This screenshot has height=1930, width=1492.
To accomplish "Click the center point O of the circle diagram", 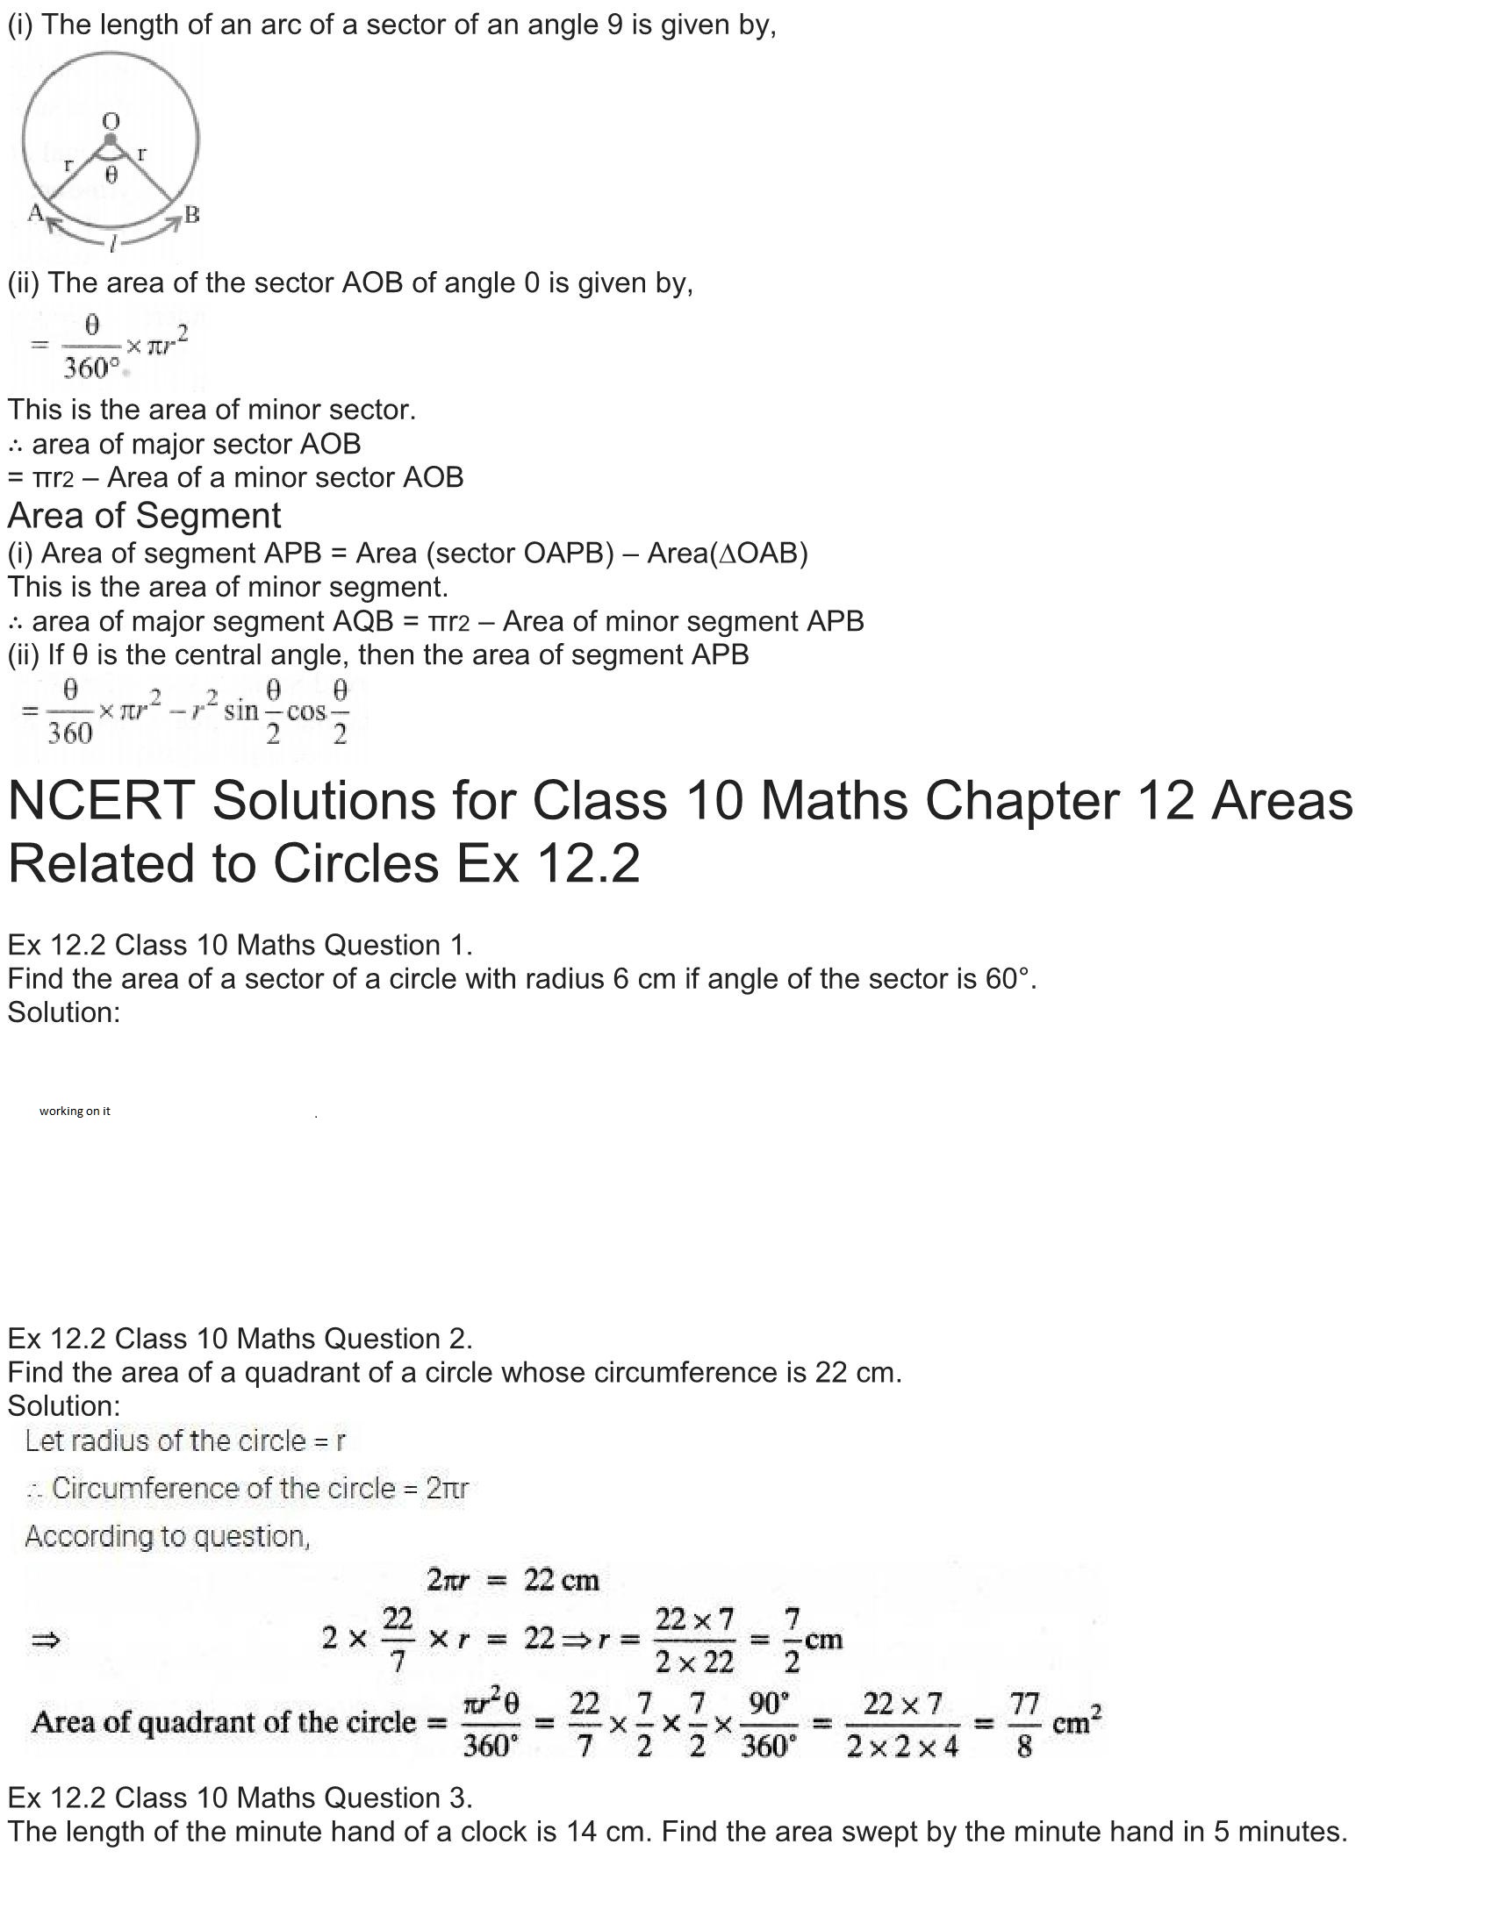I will click(110, 139).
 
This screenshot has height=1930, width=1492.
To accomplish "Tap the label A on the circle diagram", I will click(35, 212).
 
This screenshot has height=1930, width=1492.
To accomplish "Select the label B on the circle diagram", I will click(192, 214).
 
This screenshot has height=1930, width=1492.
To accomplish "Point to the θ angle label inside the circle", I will click(111, 175).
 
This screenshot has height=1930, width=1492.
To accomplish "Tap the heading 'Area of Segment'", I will click(144, 515).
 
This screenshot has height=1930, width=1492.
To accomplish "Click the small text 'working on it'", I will click(75, 1111).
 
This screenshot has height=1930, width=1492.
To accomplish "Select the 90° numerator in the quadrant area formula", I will click(768, 1703).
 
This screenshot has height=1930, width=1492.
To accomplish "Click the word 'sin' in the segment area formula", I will click(240, 711).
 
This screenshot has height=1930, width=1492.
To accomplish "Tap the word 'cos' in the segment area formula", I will click(305, 711).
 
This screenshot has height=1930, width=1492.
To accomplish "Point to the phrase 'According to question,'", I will click(167, 1536).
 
